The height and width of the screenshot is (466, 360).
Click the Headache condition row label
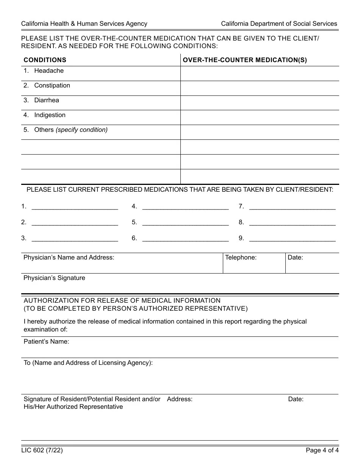click(49, 71)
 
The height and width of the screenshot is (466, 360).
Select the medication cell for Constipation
click(260, 88)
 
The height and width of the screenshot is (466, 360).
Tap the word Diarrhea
click(47, 100)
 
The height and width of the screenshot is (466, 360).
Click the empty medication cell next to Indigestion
click(260, 118)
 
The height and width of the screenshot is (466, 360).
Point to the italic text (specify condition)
click(81, 130)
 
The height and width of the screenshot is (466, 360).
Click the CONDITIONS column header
click(45, 60)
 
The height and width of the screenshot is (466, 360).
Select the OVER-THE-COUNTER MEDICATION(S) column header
click(245, 60)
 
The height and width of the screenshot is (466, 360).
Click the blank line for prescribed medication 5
click(185, 223)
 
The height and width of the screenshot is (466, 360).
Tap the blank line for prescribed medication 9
click(292, 239)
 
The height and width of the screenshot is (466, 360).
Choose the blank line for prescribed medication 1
click(75, 207)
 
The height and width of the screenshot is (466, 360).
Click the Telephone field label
click(241, 258)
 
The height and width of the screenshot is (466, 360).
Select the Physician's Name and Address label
click(69, 258)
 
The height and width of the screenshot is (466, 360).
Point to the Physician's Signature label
click(54, 278)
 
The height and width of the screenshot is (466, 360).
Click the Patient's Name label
click(46, 342)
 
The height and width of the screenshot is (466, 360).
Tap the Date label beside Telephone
click(295, 258)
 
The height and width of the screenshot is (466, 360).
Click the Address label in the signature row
click(180, 399)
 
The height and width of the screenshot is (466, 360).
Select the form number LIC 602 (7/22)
click(42, 450)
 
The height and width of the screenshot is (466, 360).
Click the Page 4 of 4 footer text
click(322, 450)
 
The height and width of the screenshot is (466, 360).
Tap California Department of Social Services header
click(279, 24)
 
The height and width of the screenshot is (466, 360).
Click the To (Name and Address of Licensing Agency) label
click(88, 363)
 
